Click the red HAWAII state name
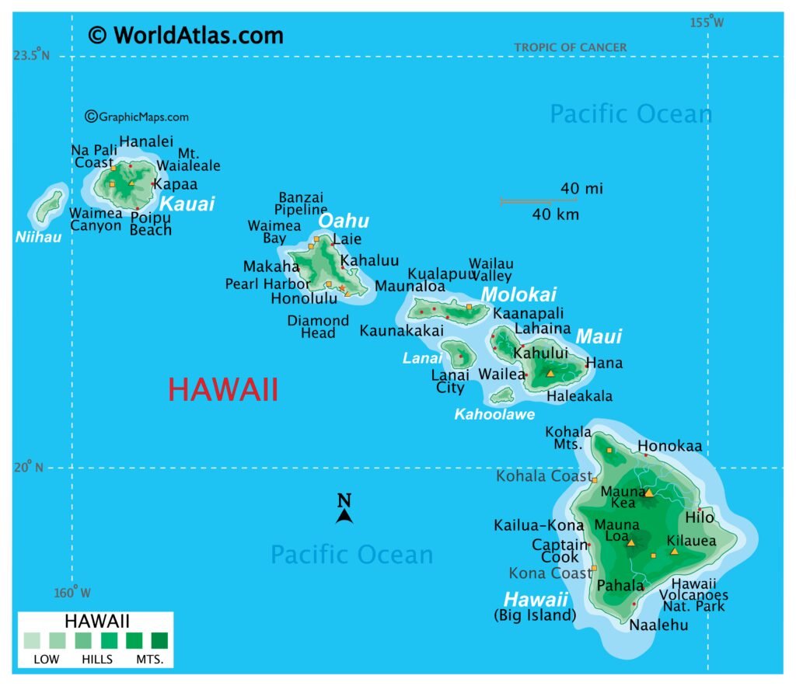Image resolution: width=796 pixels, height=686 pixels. pos(223,390)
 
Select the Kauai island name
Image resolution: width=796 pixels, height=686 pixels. pos(187,204)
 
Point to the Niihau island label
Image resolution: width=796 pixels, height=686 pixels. pos(38,236)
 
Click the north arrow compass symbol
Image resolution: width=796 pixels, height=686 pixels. pos(344,510)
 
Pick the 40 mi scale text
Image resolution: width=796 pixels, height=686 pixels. pos(581,188)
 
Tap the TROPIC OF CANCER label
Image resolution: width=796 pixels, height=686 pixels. pos(570,47)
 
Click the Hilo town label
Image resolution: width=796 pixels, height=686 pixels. pos(699,517)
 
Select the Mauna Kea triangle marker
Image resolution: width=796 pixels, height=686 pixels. pos(648,492)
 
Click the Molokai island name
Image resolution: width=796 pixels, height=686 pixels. pos(518,294)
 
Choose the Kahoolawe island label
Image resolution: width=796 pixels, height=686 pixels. pos(494,414)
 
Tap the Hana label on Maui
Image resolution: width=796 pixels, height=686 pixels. pos(604,363)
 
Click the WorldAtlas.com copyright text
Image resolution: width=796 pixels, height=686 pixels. pos(186,35)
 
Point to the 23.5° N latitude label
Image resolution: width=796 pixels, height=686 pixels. pos(30,55)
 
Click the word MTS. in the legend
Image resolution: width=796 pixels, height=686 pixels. pos(155,660)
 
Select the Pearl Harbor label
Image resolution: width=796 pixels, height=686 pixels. pos(267,284)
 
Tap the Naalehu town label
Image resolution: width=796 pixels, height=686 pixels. pos(658,624)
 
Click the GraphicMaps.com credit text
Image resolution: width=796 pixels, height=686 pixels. pos(137,117)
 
